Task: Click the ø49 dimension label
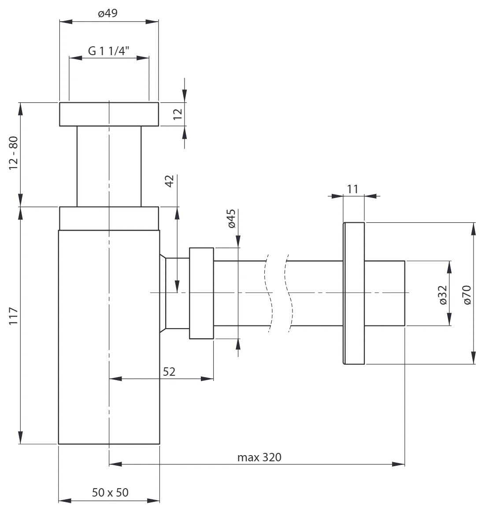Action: (107, 13)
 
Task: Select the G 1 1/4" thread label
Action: (109, 51)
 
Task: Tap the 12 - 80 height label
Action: (13, 153)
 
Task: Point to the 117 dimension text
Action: (13, 316)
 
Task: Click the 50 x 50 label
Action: (110, 493)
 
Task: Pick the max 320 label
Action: (259, 457)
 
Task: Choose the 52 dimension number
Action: (169, 372)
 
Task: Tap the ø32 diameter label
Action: (443, 295)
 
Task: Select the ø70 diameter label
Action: (467, 295)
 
